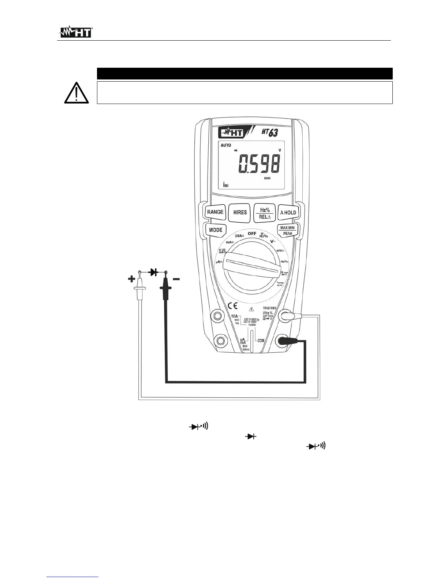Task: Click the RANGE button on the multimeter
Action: click(215, 212)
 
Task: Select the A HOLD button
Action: click(288, 213)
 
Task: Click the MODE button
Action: click(215, 230)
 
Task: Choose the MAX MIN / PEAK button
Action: click(287, 230)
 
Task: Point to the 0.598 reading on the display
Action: click(259, 164)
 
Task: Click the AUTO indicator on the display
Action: click(226, 145)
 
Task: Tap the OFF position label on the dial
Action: click(251, 233)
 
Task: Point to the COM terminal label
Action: click(261, 341)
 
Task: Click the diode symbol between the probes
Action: click(153, 272)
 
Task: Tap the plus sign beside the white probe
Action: click(131, 279)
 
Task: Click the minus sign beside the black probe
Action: click(176, 279)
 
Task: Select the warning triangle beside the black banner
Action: click(76, 93)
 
